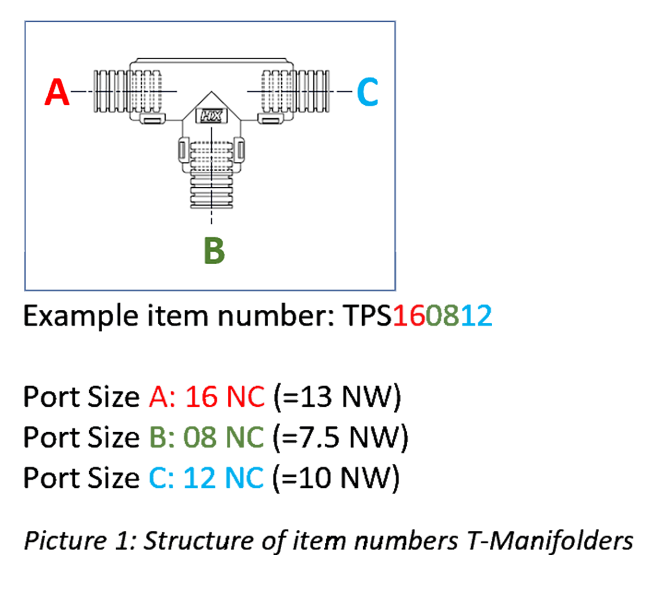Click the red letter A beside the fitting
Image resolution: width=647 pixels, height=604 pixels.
point(57,92)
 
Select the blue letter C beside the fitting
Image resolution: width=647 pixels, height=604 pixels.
point(367,92)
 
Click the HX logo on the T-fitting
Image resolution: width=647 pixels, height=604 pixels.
point(212,116)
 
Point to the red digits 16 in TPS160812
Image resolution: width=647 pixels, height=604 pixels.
point(409,315)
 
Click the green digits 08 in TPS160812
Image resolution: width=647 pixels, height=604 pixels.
point(442,315)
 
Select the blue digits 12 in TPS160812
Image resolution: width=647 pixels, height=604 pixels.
point(476,315)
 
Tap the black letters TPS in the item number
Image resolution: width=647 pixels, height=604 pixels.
point(367,315)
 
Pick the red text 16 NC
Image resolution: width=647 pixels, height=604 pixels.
point(225,396)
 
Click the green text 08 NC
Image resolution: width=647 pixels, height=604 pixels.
point(224,437)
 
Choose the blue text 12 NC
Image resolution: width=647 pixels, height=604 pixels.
point(224,478)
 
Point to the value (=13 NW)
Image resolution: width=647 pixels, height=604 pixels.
point(337,397)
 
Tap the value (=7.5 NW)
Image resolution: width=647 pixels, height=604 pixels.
point(340,438)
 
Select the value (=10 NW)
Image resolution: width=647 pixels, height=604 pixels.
point(336,478)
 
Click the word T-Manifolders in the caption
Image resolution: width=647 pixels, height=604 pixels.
point(550,541)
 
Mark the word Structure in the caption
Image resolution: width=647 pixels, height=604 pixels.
point(198,541)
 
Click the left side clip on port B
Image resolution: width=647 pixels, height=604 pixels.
point(184,150)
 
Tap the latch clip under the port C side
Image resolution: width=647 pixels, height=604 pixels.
point(270,119)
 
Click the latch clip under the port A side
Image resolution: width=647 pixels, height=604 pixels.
point(153,119)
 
